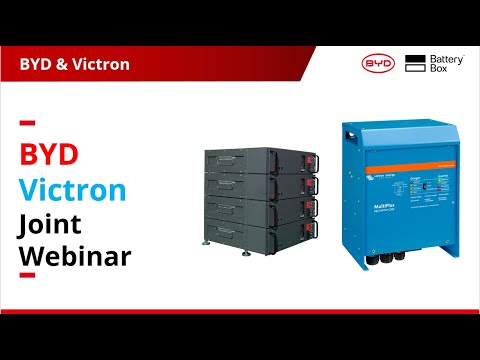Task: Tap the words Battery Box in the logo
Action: pyautogui.click(x=444, y=64)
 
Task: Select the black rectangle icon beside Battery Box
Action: pyautogui.click(x=415, y=64)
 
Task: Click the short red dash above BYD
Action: pyautogui.click(x=28, y=124)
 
